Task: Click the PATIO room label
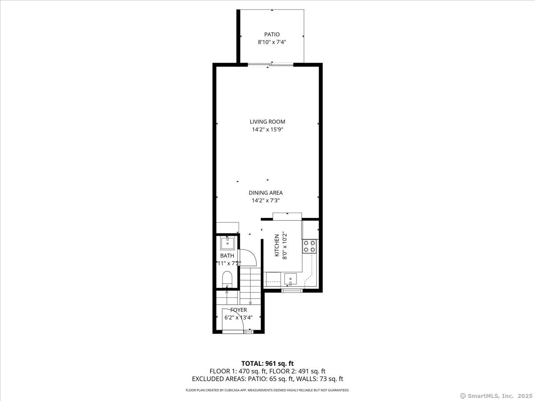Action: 272,34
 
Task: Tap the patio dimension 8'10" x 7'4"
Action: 272,42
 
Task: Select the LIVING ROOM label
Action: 267,122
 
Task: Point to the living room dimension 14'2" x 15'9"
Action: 267,130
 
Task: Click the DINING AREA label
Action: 266,193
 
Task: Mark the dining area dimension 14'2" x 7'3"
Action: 266,200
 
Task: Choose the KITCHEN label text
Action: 277,246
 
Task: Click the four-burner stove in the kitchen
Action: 309,246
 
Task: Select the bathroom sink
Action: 227,243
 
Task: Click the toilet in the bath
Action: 227,279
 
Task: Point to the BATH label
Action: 227,256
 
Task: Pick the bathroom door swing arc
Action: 249,258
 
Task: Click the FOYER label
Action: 239,310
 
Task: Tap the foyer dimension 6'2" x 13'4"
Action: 239,318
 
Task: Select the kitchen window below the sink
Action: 292,291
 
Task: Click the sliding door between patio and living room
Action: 271,65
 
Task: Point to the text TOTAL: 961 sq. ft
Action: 267,364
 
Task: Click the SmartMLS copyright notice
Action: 496,396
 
